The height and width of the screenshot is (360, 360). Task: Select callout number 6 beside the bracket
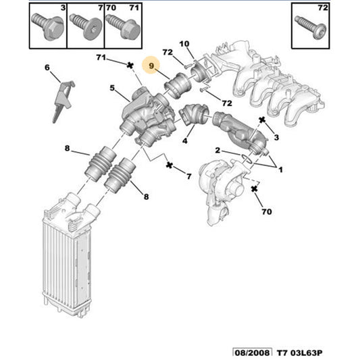point(47,68)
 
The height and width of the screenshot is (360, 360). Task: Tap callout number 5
point(114,88)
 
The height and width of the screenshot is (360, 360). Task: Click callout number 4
point(184,143)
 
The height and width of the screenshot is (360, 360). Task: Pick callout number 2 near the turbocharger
point(218,150)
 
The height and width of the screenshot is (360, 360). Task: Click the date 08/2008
point(251,352)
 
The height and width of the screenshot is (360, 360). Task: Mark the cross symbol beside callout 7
point(169,165)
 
